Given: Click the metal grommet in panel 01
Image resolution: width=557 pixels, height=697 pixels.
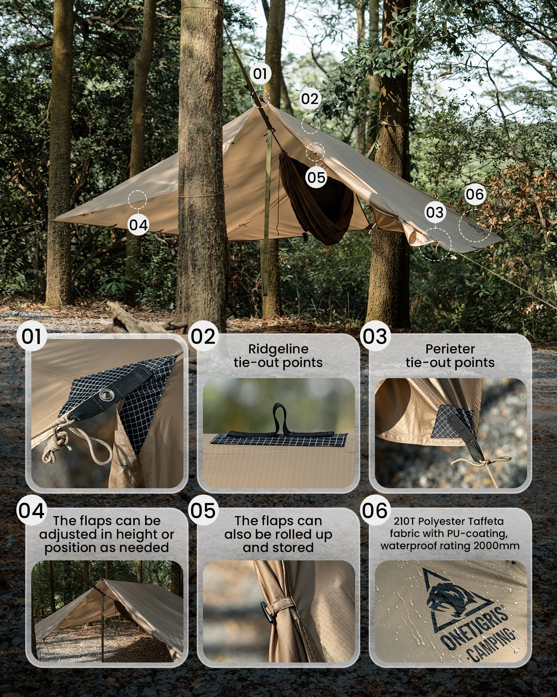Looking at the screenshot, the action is click(x=106, y=395).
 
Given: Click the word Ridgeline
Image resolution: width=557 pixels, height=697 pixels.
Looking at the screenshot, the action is click(x=278, y=349).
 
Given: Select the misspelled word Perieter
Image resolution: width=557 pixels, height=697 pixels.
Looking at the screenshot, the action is click(x=450, y=349).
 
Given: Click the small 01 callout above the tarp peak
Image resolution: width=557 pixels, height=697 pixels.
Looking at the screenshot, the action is click(x=260, y=74).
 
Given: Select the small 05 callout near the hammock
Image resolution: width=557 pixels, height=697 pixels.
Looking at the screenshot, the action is click(x=316, y=178).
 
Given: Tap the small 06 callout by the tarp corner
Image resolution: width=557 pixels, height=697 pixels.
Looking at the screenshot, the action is click(x=475, y=194).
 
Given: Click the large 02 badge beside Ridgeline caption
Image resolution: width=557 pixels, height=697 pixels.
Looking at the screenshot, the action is click(x=203, y=336).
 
